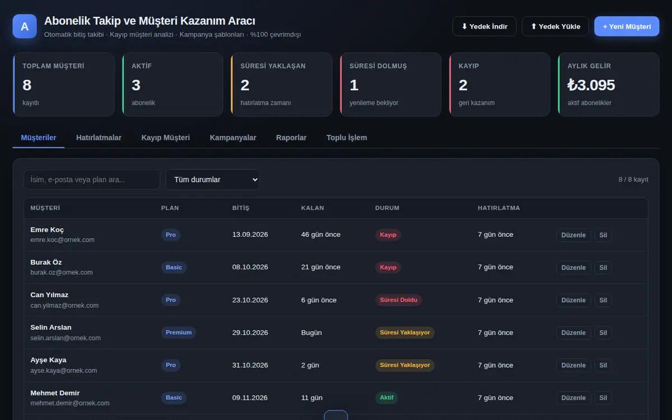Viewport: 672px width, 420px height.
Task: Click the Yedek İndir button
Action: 484,26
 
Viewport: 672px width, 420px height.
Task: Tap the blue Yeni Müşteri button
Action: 627,26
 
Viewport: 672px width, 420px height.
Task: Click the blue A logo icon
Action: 25,26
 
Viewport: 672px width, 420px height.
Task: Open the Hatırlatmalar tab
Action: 99,138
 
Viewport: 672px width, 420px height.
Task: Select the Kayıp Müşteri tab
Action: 166,138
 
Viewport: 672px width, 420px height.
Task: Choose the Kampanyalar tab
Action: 233,138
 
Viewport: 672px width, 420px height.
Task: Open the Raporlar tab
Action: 291,138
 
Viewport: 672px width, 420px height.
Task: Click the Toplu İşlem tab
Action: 347,138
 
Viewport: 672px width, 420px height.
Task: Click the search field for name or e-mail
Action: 92,180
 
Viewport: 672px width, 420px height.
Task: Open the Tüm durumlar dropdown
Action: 212,180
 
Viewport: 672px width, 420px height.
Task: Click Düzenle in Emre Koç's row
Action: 573,235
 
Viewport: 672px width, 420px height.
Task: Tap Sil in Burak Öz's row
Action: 603,268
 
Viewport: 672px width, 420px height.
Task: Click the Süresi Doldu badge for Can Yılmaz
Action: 398,300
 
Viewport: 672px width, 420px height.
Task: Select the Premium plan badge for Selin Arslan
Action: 179,333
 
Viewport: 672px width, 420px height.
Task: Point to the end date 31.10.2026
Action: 250,365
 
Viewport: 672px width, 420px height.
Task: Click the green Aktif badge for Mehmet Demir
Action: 386,398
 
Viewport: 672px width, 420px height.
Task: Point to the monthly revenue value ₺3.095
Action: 591,85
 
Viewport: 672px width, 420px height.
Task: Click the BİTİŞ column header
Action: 241,208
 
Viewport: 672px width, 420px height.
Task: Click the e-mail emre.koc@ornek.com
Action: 62,240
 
